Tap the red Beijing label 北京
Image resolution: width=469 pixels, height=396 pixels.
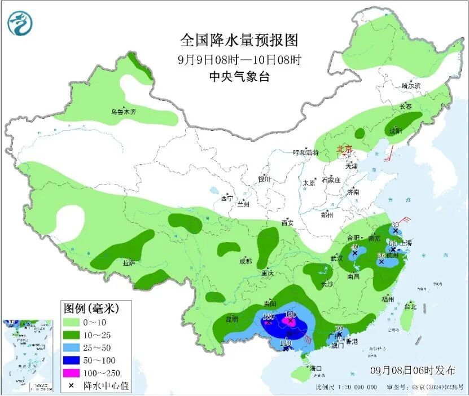344,149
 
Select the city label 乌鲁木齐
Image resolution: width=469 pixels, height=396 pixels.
123,112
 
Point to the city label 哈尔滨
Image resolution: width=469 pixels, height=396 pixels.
411,86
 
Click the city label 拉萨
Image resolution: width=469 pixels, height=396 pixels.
129,263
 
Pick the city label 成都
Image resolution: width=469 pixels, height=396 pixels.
246,261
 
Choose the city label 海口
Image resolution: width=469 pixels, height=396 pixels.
315,368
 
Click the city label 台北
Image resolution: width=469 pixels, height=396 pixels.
410,307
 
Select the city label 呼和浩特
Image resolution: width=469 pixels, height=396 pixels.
306,152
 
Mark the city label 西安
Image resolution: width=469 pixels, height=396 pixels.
287,223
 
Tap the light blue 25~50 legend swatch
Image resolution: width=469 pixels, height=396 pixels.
71,347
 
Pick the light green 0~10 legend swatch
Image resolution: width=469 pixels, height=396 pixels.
71,322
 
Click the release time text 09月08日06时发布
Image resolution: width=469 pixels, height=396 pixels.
413,370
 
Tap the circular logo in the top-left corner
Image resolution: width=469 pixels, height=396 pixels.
20,23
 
